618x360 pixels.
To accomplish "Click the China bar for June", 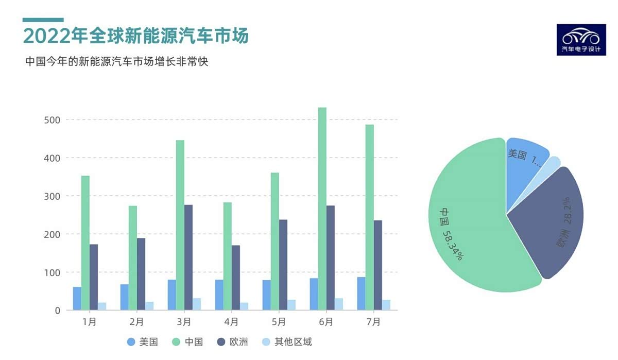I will (x=322, y=209).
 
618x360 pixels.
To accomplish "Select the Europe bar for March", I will (x=188, y=258).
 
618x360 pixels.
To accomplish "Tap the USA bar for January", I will (x=77, y=299).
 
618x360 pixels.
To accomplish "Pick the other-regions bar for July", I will (x=386, y=305).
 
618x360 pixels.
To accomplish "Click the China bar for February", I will (x=133, y=258).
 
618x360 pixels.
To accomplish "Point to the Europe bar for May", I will (x=283, y=265).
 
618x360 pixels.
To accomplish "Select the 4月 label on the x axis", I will (x=231, y=322).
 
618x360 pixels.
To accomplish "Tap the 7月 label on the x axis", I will (x=373, y=322).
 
